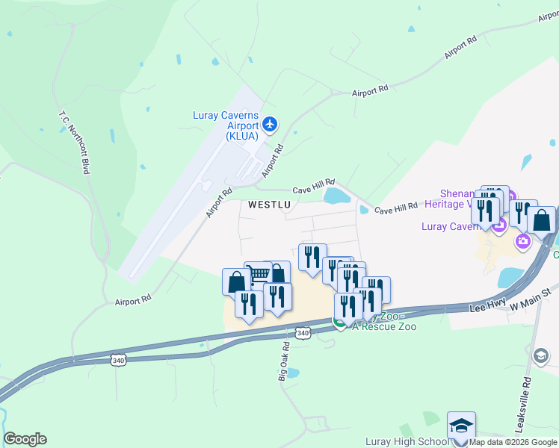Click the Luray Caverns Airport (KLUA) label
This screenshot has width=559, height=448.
pos(226,125)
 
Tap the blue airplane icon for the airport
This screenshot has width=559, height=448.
pos(270,125)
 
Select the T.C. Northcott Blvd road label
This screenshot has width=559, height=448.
pos(75,143)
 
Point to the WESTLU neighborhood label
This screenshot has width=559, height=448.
pos(268,205)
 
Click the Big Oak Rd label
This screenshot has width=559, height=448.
pos(283,362)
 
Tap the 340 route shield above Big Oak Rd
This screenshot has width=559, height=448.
pos(302,332)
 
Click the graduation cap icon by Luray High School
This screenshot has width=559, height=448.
pos(461,426)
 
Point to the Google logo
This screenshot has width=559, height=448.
pos(25,439)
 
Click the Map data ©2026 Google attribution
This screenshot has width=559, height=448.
pos(513,442)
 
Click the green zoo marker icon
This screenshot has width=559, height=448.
pos(339,323)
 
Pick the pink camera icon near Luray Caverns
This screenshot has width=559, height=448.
pos(523,240)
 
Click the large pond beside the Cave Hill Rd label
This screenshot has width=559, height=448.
pos(337,196)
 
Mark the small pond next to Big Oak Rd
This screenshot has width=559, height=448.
pos(293,373)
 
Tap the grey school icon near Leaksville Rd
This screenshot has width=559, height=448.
pos(541,355)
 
